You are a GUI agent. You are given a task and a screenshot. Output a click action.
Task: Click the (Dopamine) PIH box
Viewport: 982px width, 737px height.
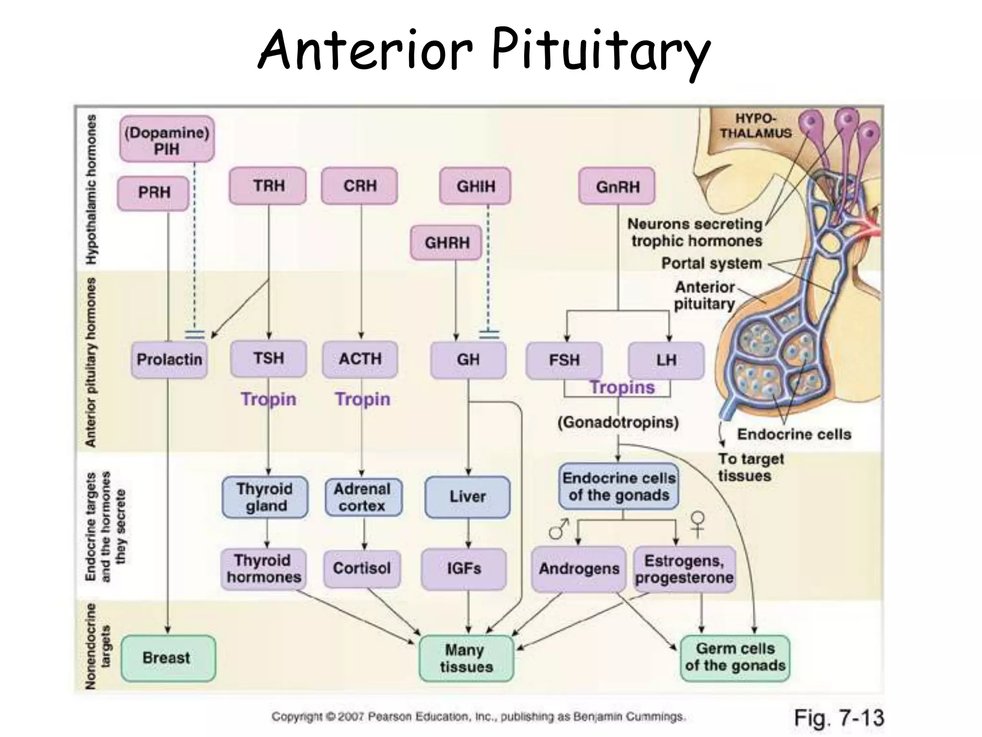click(166, 140)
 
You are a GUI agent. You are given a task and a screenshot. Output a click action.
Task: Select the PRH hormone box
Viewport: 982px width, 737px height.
click(153, 193)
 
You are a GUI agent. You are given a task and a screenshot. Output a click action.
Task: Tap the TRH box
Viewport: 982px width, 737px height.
click(268, 186)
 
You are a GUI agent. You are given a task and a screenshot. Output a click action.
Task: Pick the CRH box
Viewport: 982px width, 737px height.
click(360, 186)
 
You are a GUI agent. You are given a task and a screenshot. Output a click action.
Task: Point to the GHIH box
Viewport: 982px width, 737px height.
click(475, 186)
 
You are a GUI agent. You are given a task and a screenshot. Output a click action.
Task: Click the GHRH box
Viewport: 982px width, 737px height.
click(446, 243)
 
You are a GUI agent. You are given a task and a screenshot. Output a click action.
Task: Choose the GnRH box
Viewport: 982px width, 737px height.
click(617, 186)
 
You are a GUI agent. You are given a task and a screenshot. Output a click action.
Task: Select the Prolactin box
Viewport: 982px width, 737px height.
click(169, 359)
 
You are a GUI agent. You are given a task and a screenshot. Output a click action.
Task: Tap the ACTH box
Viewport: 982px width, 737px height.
click(360, 359)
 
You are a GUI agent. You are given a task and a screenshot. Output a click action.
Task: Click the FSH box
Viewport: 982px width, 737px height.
click(564, 360)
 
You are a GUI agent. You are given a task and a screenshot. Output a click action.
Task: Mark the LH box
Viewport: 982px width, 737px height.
click(666, 360)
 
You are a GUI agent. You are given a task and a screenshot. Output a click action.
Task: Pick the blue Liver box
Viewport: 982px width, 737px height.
click(468, 497)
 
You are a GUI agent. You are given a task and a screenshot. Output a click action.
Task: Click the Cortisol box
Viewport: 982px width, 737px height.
click(362, 569)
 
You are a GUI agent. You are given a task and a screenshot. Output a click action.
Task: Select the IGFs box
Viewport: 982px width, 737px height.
click(464, 569)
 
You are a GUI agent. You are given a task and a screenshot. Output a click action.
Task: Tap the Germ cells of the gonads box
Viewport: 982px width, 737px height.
click(735, 657)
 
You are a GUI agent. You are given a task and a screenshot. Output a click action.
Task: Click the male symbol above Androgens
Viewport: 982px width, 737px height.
click(558, 528)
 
